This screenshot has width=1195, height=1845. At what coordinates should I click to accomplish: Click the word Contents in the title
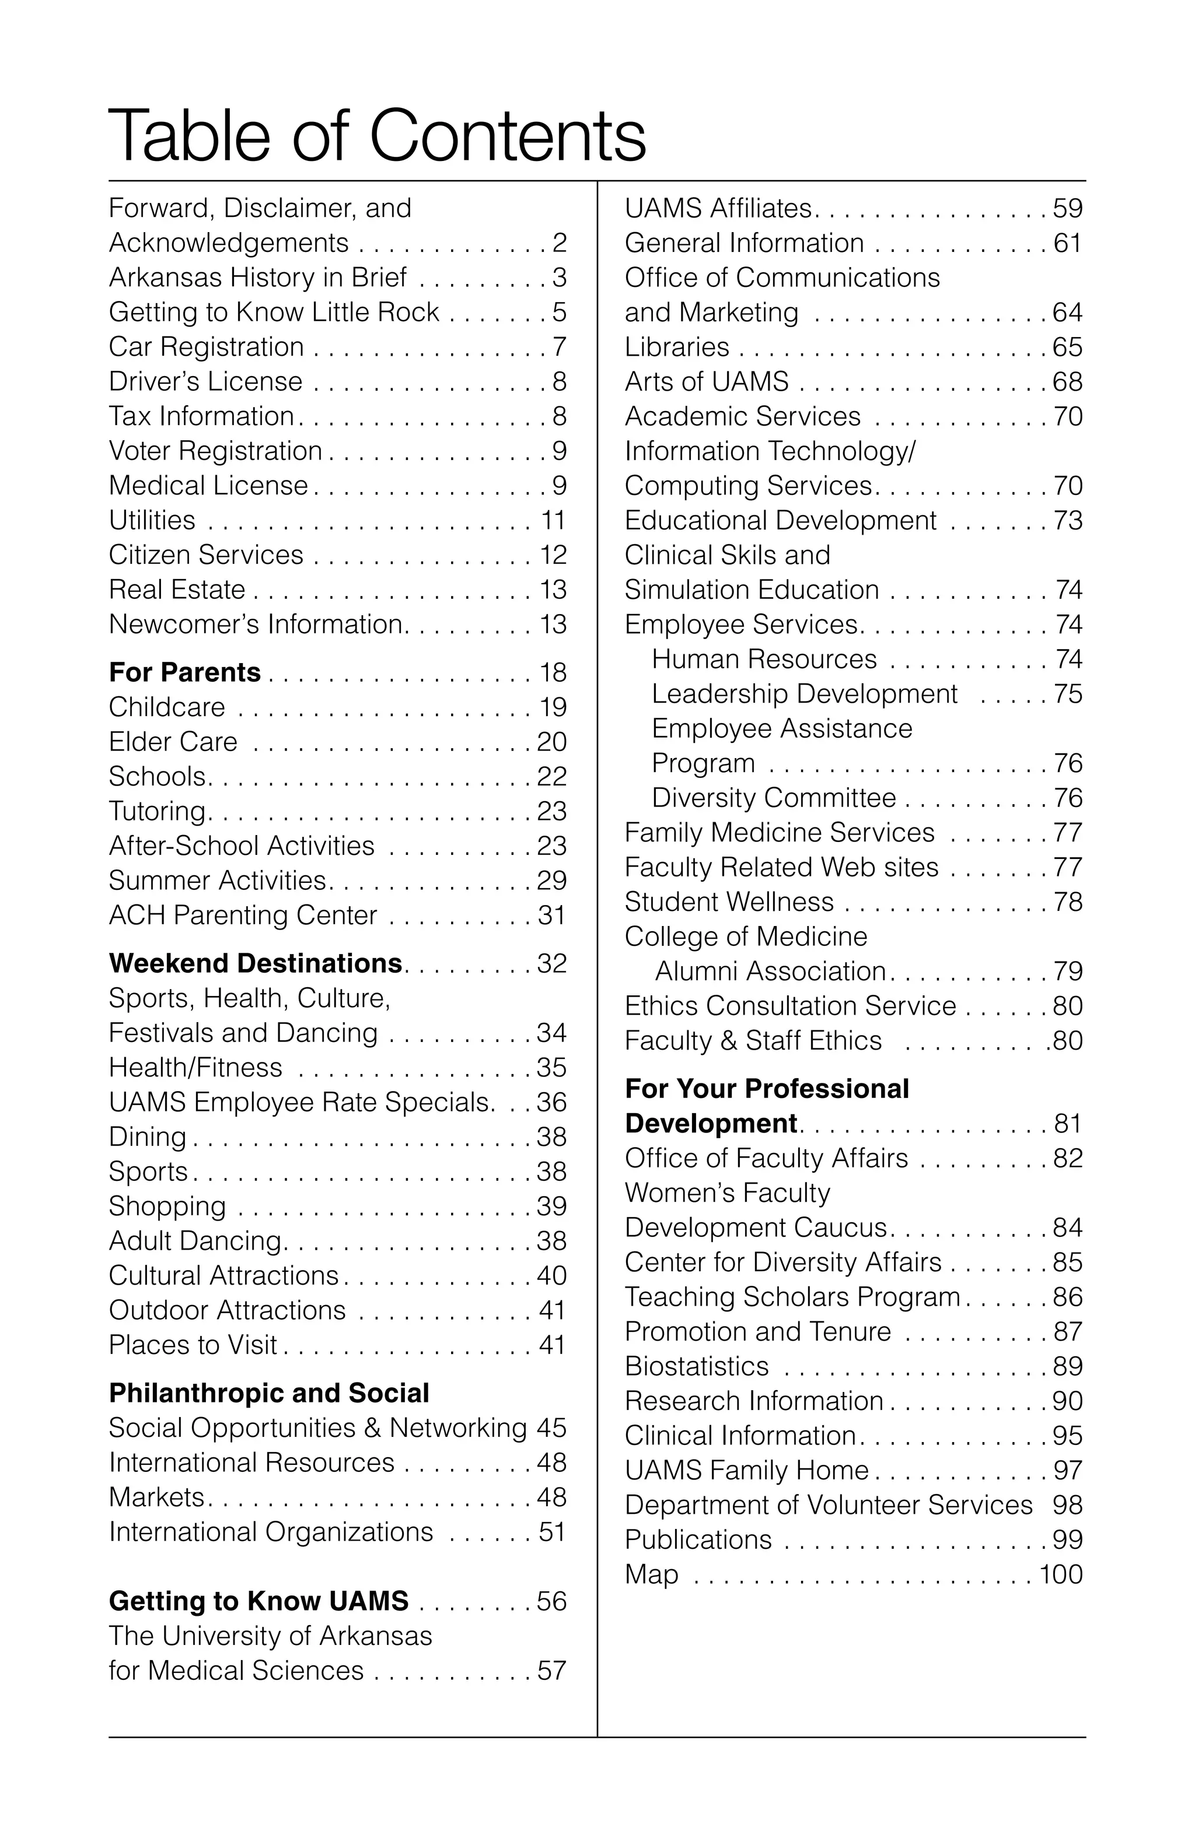point(507,136)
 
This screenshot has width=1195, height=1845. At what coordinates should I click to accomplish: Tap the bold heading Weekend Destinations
point(255,963)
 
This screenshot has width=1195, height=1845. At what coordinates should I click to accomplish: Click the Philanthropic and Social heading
point(268,1393)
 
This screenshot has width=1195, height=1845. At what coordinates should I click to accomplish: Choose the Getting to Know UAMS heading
point(258,1601)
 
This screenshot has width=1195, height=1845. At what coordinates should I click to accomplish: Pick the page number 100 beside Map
point(1060,1574)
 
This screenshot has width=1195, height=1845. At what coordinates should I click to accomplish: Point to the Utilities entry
point(152,520)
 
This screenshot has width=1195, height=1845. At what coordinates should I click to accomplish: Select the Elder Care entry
point(173,742)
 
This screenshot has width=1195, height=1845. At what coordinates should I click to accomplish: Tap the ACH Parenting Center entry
point(243,916)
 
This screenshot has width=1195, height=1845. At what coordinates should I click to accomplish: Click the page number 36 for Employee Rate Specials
point(551,1102)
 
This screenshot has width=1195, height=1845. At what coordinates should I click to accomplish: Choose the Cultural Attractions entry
point(224,1276)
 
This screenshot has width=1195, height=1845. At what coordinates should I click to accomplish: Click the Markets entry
point(156,1497)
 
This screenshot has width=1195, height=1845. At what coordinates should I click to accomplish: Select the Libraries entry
point(677,346)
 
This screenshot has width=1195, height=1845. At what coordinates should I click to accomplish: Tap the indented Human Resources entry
point(764,659)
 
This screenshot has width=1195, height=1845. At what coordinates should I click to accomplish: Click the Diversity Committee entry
point(774,798)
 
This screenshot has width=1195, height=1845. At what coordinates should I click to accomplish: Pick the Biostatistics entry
point(696,1366)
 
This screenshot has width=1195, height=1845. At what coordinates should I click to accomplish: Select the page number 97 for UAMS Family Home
point(1067,1471)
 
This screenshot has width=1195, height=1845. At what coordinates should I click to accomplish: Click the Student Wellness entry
point(729,902)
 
